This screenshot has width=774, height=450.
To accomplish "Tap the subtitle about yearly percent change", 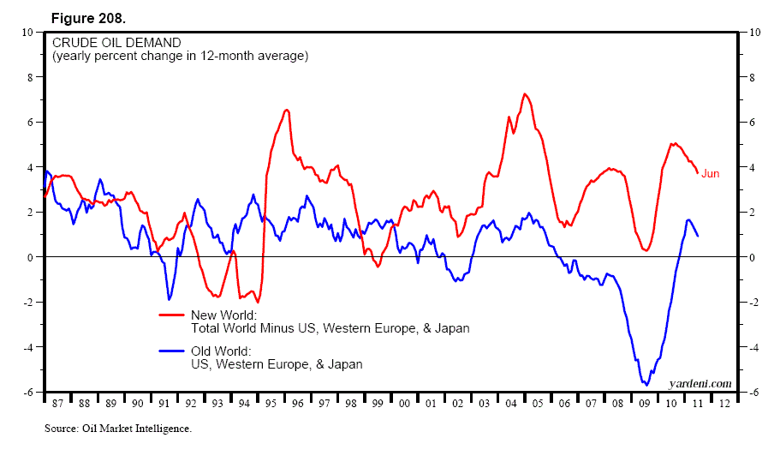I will (x=180, y=56).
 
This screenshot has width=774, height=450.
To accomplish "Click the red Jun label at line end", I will (x=710, y=174).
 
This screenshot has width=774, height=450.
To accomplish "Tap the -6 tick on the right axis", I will (x=754, y=393).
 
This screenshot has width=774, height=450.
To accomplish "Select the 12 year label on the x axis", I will (x=725, y=401).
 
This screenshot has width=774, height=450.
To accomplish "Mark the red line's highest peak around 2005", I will (x=524, y=94).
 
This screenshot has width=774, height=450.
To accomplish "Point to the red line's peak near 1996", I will (x=287, y=110).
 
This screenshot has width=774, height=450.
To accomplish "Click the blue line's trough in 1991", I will (x=169, y=299).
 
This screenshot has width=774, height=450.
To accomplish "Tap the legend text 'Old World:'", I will (x=221, y=351).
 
